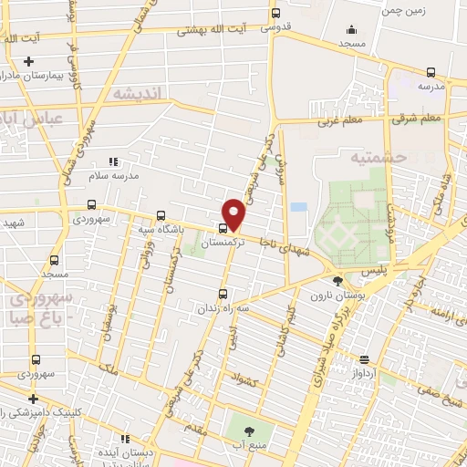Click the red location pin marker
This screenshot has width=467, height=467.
coord(234,213)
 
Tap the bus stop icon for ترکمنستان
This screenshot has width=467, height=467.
coord(223,228)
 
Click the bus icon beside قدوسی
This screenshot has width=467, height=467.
coord(276,13)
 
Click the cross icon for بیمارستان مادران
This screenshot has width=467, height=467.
coord(29,62)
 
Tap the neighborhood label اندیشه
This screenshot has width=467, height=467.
coord(137,93)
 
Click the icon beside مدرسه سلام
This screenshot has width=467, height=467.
coord(114,161)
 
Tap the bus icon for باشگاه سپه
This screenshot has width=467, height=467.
coord(161,216)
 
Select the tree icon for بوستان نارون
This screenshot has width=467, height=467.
coord(337,280)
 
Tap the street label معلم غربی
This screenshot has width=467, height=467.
coord(340,119)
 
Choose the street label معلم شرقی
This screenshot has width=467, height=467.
coord(419,118)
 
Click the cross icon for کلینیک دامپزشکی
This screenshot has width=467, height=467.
coord(33,399)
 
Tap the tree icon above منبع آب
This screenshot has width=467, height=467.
coord(249,429)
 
